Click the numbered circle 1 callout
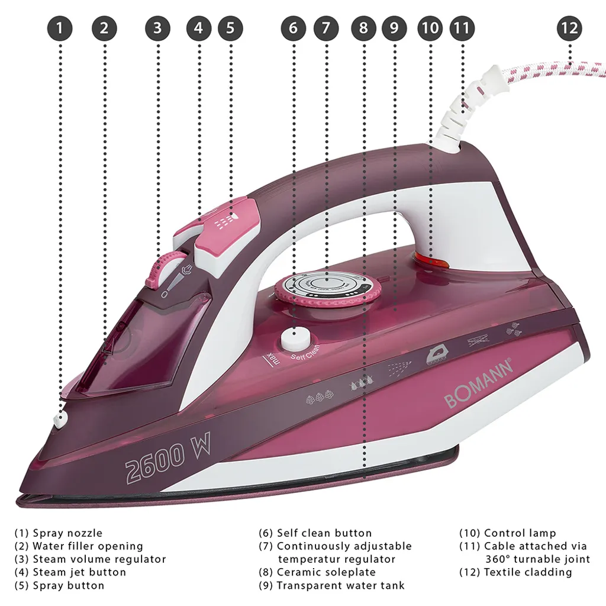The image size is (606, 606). [x=61, y=28]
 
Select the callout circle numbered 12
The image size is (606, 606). [x=569, y=28]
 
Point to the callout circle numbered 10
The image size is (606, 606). [x=430, y=28]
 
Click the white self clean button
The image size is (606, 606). [x=295, y=341]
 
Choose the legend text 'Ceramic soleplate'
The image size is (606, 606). [x=325, y=572]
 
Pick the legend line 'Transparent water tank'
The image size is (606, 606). [x=340, y=585]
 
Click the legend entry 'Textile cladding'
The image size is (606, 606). [x=527, y=572]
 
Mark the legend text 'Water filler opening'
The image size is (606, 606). [x=87, y=546]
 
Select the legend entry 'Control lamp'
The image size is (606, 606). [x=519, y=533]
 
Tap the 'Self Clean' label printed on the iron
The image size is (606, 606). [x=305, y=353]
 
